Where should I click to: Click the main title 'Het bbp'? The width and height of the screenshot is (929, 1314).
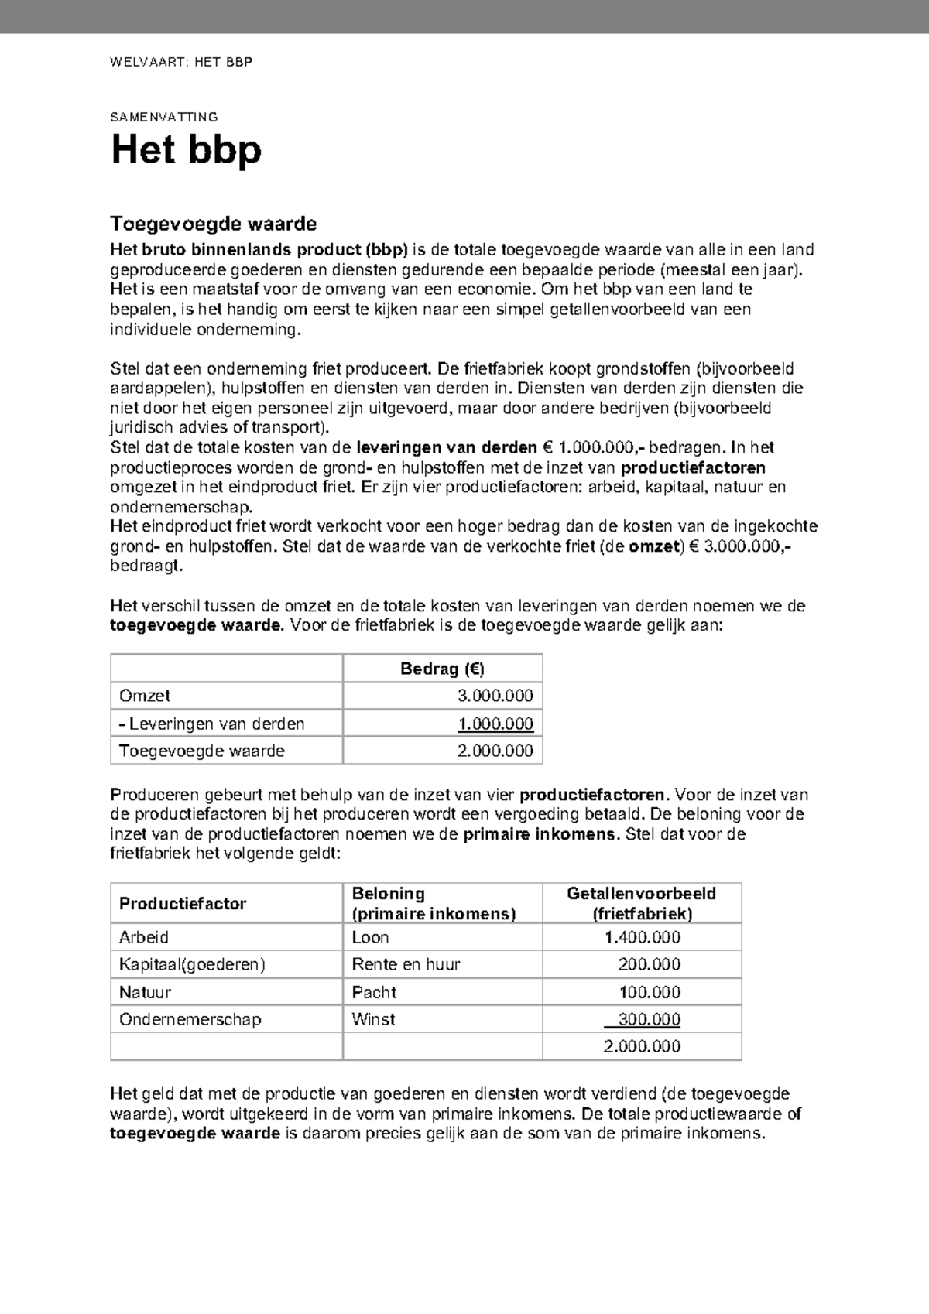coord(187,150)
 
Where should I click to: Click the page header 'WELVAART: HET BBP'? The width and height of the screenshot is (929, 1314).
coord(181,62)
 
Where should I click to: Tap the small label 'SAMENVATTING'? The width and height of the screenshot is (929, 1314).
coord(163,118)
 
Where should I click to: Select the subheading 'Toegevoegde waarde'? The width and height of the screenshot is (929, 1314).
coord(213,224)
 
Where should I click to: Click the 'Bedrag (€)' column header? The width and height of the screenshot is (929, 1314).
coord(442,669)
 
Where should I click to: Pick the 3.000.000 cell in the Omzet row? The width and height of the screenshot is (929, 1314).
coord(495,696)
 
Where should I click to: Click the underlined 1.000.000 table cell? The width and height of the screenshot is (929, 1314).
coord(495,724)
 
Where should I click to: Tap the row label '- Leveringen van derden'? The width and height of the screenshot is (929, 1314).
coord(211,724)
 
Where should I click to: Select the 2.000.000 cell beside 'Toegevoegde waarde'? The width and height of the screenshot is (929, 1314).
coord(495,751)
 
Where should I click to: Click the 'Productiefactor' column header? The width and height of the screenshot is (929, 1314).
coord(183,903)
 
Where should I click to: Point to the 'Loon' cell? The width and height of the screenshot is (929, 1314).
coord(370,937)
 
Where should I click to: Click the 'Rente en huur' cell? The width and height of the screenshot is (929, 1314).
coord(406,964)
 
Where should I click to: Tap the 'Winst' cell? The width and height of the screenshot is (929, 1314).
coord(373,1019)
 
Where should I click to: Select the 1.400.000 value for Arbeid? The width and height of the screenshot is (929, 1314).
coord(642,937)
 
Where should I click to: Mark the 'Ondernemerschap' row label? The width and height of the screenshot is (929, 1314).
coord(190,1019)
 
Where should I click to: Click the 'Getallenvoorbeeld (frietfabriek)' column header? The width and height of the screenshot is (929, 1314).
coord(642,903)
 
